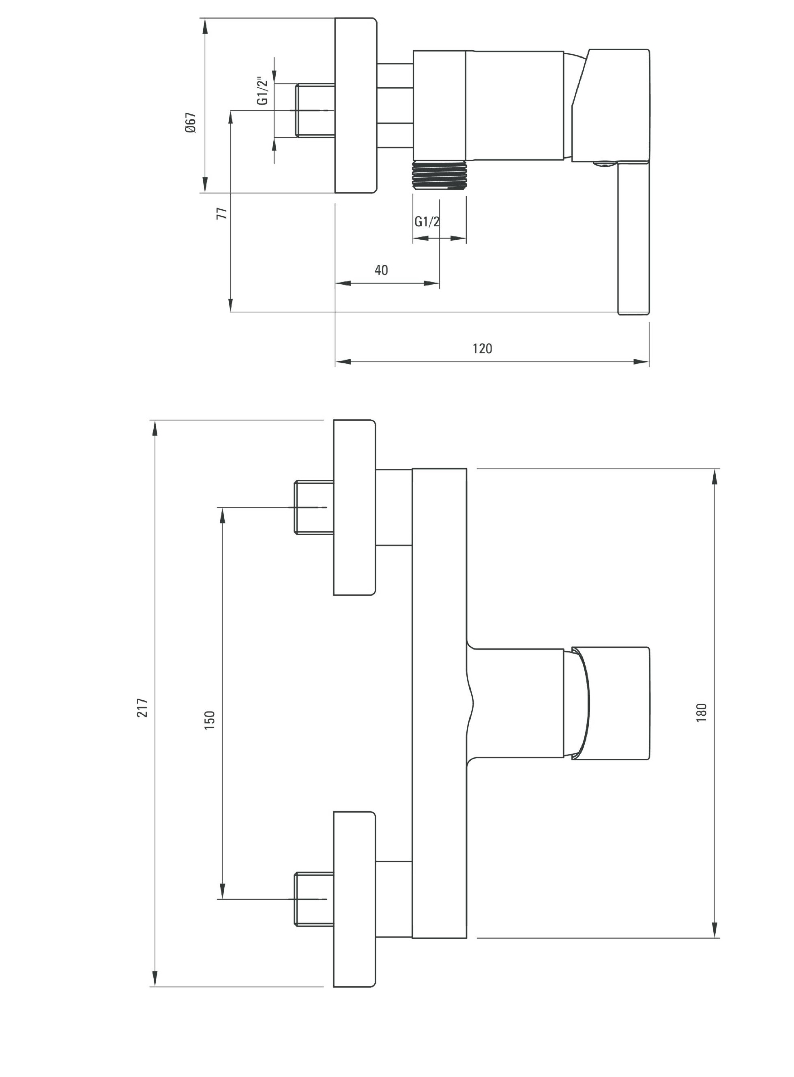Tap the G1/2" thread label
click(262, 90)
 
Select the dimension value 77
click(221, 213)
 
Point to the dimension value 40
click(381, 270)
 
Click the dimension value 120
click(482, 348)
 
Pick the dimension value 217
click(143, 708)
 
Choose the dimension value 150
click(210, 721)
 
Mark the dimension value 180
click(702, 712)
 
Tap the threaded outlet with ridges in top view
click(439, 175)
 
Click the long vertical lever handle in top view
click(633, 238)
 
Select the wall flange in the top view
click(356, 106)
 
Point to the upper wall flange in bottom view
click(355, 508)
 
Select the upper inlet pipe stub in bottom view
click(314, 508)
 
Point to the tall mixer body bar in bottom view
click(439, 703)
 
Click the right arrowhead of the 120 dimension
click(642, 362)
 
